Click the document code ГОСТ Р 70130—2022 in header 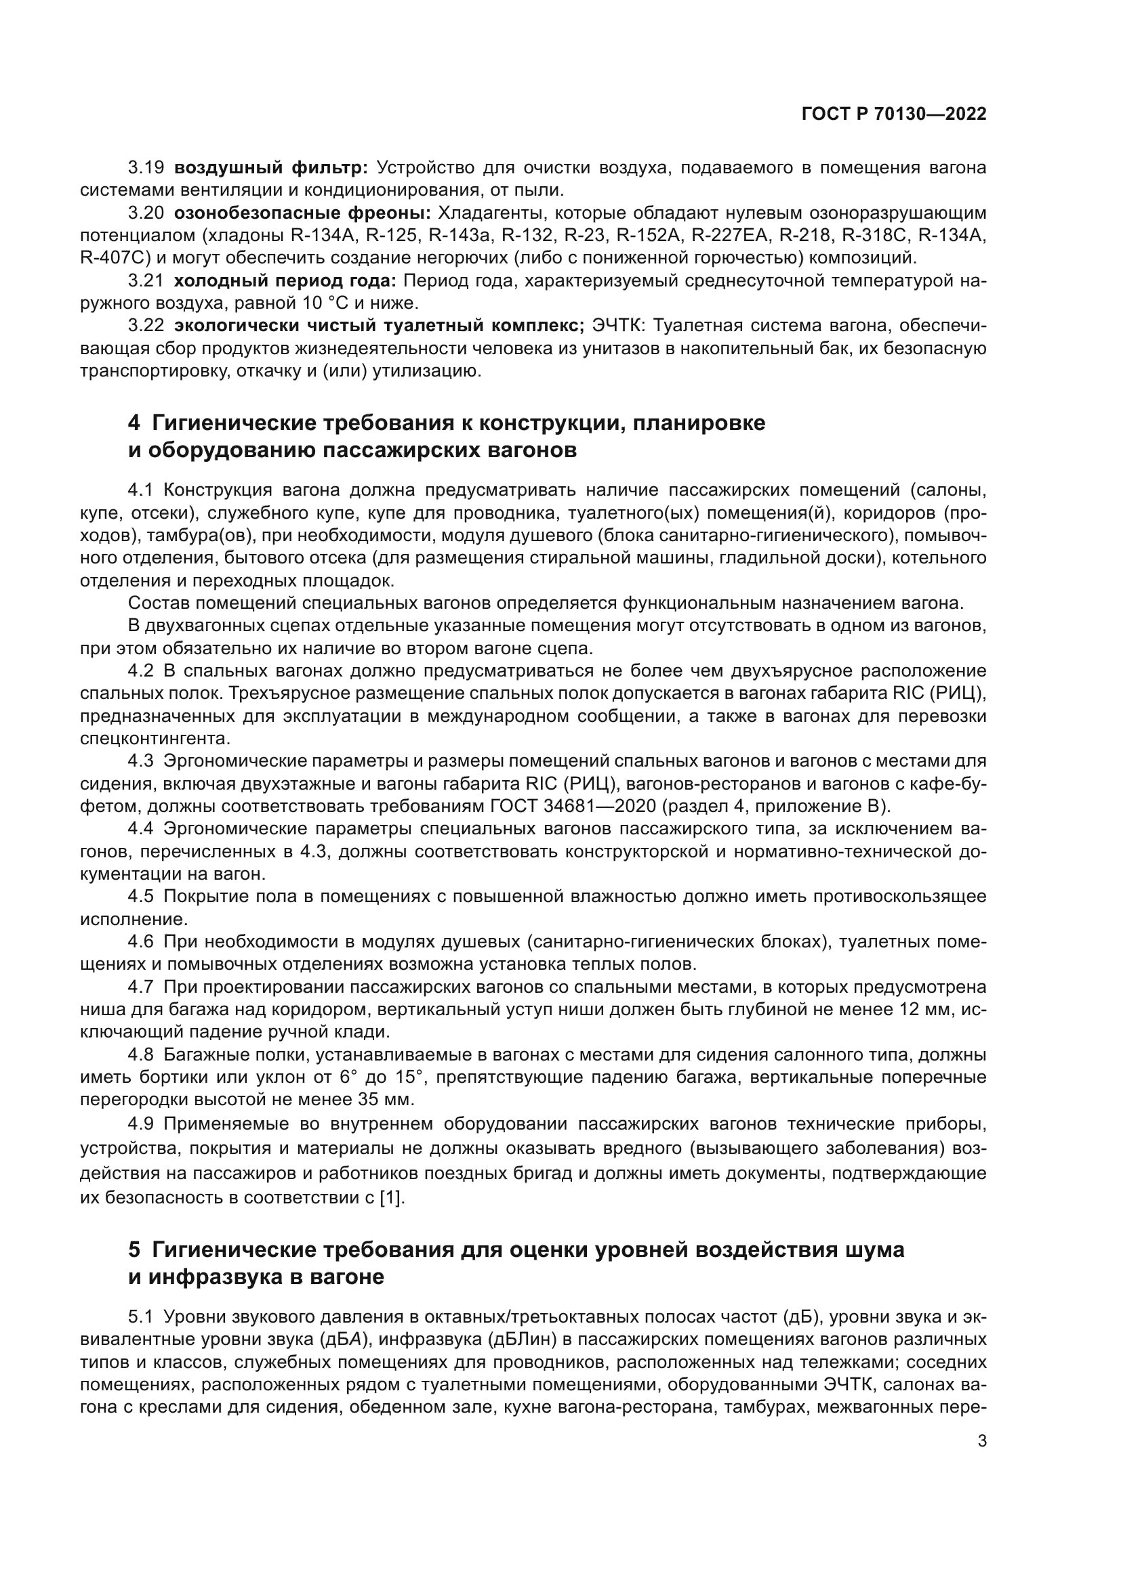[x=894, y=114]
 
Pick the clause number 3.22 [x=146, y=326]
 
